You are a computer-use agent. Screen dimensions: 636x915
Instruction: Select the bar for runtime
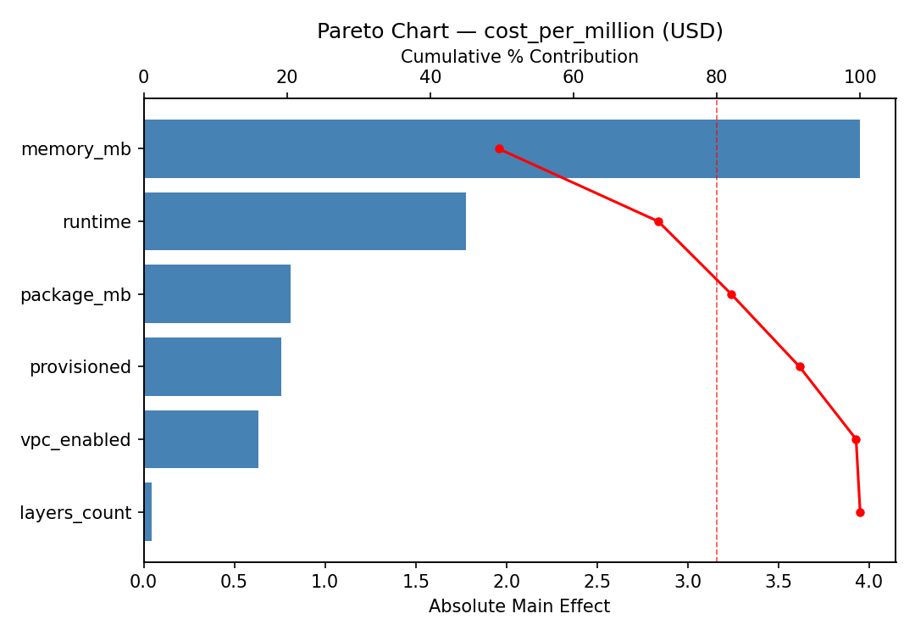coord(305,221)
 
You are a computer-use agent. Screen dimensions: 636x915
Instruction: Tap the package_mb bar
coord(217,294)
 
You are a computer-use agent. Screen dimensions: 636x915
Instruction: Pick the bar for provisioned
coord(213,366)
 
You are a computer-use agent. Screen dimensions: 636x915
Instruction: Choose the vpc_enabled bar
coord(201,439)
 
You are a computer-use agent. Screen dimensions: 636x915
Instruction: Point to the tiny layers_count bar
coord(148,512)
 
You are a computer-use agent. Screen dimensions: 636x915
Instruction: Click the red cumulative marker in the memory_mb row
coord(499,148)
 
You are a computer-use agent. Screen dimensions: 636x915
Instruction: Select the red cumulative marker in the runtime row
coord(658,221)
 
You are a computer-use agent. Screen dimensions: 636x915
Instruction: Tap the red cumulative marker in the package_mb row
coord(731,294)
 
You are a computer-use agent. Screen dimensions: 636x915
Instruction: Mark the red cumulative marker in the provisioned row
coord(800,366)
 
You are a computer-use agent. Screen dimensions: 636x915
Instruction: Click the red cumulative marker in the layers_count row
coord(860,512)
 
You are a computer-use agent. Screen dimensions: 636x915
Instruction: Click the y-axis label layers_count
coord(75,513)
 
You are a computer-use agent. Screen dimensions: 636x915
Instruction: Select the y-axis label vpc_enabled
coord(75,440)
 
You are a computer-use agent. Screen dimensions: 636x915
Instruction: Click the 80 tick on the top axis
coord(717,77)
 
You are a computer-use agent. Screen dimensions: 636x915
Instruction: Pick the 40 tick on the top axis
coord(430,77)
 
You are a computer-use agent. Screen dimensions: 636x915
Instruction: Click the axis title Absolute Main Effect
coord(518,606)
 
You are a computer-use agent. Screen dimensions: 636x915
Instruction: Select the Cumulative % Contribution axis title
coord(519,57)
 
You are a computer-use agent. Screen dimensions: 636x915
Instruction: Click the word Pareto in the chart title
coord(347,31)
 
